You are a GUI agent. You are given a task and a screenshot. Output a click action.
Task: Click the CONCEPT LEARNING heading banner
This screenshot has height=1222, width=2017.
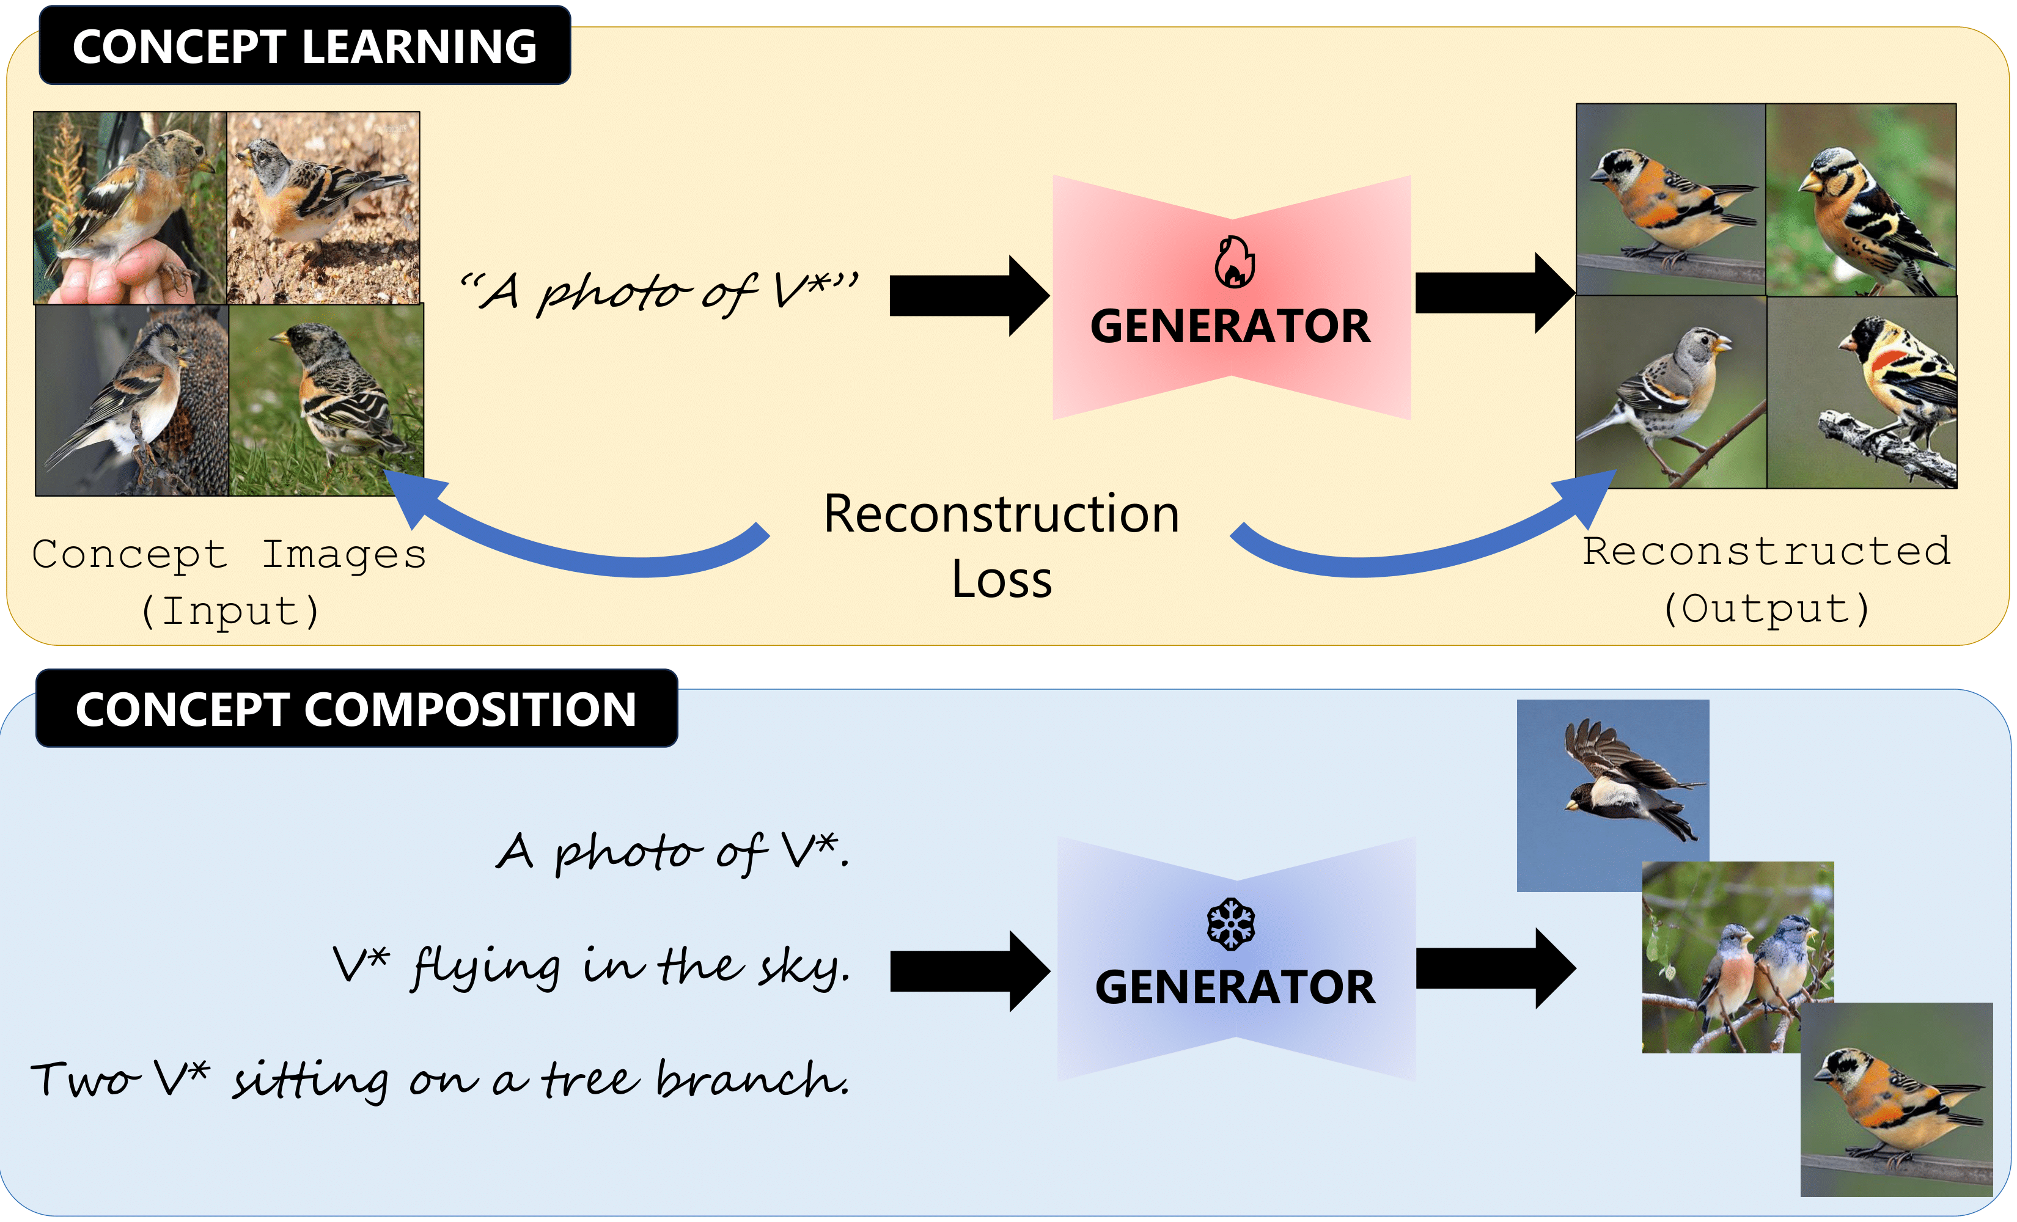coord(304,46)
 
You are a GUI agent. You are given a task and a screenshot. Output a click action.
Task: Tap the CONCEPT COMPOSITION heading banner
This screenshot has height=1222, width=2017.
coord(356,709)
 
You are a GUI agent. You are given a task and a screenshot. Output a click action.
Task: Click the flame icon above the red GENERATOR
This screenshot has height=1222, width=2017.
coord(1233,262)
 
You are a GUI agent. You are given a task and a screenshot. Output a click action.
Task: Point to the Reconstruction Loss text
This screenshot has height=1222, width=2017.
coord(1001,546)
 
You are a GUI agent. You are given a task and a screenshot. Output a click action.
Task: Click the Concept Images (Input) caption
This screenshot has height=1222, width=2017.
coord(229,582)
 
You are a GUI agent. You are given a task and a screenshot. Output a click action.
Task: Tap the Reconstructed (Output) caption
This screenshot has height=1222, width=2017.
coord(1766,579)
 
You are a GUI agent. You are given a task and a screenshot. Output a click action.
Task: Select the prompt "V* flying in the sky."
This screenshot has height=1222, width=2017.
coord(591,967)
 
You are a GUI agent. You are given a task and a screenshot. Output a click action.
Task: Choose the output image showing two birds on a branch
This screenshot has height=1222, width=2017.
coord(1737,957)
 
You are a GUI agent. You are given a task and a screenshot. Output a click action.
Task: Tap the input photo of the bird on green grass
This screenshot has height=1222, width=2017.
coord(326,400)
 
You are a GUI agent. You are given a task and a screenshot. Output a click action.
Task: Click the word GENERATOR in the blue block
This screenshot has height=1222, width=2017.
coord(1235,987)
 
